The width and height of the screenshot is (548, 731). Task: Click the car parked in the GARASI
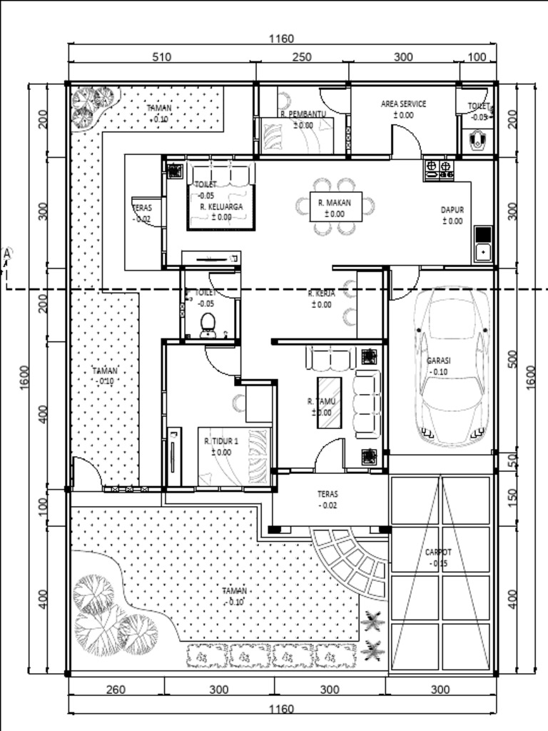pos(452,367)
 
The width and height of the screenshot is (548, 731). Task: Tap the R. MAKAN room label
pos(331,203)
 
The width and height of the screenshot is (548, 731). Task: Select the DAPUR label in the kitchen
pos(452,210)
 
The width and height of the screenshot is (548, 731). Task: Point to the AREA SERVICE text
pos(403,104)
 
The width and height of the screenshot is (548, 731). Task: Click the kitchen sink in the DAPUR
pos(483,251)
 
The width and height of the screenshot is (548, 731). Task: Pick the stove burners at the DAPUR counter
pos(439,169)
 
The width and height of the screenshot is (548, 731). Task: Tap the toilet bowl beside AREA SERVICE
pos(477,141)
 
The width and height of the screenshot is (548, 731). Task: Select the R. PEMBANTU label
pos(303,114)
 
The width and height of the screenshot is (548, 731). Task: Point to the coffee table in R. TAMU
pos(329,402)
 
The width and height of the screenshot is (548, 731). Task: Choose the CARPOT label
pos(438,553)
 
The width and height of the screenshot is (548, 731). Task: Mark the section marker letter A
pos(7,253)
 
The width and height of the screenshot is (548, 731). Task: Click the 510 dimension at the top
pos(161,57)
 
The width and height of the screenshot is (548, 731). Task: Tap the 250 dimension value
pos(302,57)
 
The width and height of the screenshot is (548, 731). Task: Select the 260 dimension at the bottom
pos(116,690)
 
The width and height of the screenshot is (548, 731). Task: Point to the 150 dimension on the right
pos(512,498)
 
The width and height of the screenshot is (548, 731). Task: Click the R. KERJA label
pos(320,293)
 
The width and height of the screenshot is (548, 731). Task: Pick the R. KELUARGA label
pos(221,206)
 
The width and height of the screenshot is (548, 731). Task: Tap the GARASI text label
pos(439,361)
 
